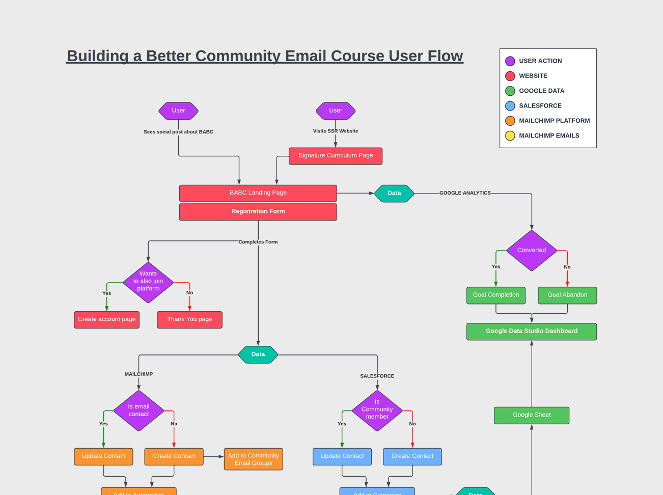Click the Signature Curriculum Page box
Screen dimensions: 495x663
click(336, 156)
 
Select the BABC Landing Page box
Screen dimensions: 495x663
click(258, 193)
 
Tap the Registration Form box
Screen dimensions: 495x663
click(258, 212)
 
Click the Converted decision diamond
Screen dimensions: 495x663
click(532, 251)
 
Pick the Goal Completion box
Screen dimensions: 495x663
click(496, 295)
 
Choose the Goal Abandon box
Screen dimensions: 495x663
click(567, 295)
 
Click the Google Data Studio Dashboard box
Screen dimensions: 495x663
click(532, 332)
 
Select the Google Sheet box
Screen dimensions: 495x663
click(532, 415)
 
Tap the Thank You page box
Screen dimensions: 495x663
click(189, 320)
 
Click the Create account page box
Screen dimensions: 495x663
click(107, 320)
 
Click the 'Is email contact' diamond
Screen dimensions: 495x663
click(139, 410)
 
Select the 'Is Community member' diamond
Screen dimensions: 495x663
click(377, 410)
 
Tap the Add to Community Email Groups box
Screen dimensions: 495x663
click(254, 459)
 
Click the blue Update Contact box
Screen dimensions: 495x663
click(342, 456)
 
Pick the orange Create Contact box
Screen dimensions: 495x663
click(174, 456)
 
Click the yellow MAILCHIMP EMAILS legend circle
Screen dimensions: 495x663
click(510, 136)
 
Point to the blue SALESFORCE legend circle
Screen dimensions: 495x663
click(510, 106)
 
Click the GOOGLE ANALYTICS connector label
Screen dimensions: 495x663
click(465, 193)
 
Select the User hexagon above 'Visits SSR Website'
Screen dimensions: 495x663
click(336, 111)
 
